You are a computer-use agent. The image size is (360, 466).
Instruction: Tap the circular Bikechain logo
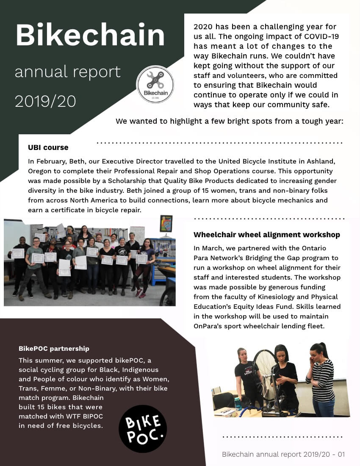pyautogui.click(x=155, y=84)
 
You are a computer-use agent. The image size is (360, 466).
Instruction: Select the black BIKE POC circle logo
pyautogui.click(x=142, y=428)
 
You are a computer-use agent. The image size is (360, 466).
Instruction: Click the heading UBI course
pyautogui.click(x=48, y=147)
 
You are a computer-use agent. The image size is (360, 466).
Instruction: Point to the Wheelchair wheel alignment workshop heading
pyautogui.click(x=266, y=235)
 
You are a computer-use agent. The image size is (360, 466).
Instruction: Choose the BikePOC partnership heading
pyautogui.click(x=54, y=349)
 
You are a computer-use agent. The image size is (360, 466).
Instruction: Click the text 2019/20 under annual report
pyautogui.click(x=45, y=101)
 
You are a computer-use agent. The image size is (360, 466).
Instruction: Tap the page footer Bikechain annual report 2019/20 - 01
pyautogui.click(x=283, y=454)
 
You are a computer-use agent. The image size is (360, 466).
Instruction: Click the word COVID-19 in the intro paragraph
pyautogui.click(x=317, y=36)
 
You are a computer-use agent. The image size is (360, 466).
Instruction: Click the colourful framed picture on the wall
pyautogui.click(x=166, y=223)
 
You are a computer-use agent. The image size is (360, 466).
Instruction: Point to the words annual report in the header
pyautogui.click(x=68, y=72)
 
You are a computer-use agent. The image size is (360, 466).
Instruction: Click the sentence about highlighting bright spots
pyautogui.click(x=229, y=121)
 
